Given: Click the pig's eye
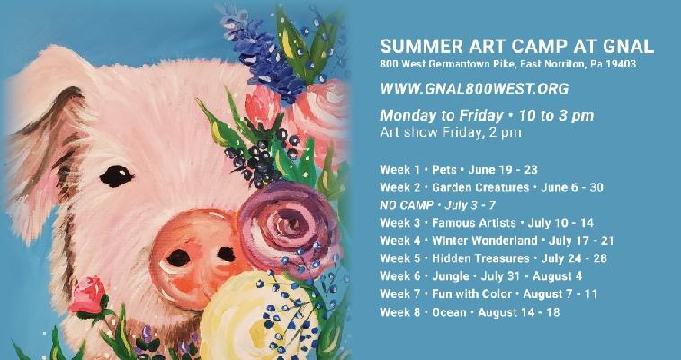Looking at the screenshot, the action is tap(116, 175).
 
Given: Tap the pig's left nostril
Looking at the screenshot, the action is tap(178, 258).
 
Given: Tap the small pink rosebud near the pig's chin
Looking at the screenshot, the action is tap(88, 295).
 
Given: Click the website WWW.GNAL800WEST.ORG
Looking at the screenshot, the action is tap(474, 88).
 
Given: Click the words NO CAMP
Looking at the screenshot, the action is tap(406, 205).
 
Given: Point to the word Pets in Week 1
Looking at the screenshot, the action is tap(444, 169).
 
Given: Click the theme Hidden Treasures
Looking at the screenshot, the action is tap(480, 258).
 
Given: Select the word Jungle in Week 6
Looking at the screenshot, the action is tap(451, 276).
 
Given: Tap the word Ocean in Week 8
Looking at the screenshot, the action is tap(449, 311).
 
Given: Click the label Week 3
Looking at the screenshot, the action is tap(400, 223).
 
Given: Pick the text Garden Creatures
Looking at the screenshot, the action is tap(480, 187).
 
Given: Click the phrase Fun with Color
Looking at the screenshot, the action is tap(471, 294).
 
